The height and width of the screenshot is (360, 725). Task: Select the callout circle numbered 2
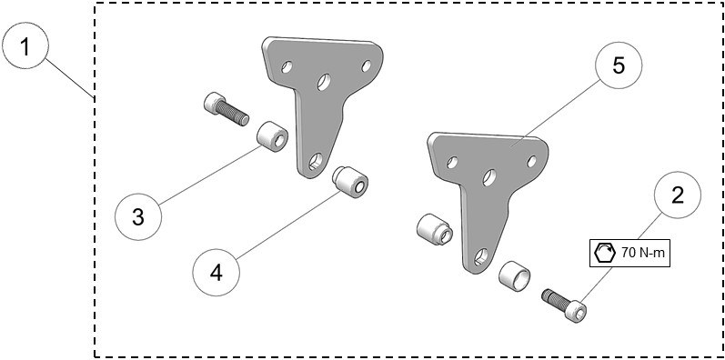[x=676, y=195]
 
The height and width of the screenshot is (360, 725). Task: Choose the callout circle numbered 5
[x=618, y=66]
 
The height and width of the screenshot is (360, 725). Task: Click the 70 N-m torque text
[x=645, y=254]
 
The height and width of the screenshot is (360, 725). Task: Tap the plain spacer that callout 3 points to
[x=271, y=138]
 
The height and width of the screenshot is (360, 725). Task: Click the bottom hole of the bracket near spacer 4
[x=315, y=162]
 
